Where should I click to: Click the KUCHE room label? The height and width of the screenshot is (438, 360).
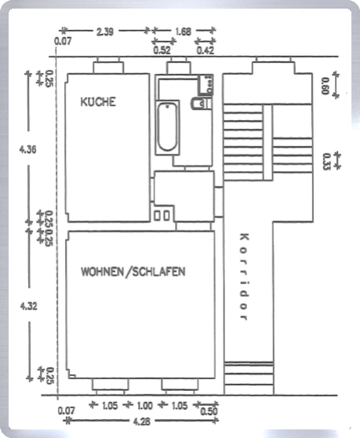pos(98,102)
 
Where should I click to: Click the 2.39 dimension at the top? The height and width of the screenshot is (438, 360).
pos(107,32)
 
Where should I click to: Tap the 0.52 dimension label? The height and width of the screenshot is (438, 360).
pos(162,50)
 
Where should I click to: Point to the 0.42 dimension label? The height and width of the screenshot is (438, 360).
pos(205,50)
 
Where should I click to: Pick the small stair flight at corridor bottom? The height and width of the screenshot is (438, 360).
pos(249,378)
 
